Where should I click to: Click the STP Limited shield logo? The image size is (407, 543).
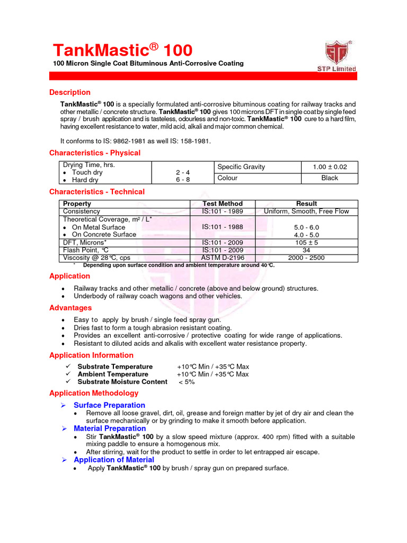[340, 52]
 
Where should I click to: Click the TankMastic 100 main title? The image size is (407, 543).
[122, 50]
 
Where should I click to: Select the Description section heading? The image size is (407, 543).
[70, 92]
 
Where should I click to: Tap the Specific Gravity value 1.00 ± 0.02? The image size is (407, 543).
[330, 167]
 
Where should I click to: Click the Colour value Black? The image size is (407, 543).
[330, 178]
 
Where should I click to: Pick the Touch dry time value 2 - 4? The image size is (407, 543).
[183, 172]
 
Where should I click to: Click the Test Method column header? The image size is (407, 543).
[223, 204]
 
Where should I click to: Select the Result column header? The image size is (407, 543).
[307, 204]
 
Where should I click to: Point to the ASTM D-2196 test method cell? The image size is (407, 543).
[223, 258]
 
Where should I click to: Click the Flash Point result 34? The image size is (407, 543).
[307, 250]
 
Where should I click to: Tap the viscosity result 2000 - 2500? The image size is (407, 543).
[307, 258]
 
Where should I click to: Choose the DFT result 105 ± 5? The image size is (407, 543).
[307, 243]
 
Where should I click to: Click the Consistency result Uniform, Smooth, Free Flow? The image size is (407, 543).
[307, 211]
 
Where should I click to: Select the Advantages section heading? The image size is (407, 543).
[70, 308]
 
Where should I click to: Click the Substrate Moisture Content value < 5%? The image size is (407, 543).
[187, 382]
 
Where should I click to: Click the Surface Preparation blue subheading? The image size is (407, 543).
[109, 405]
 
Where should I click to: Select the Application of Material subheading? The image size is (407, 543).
[114, 460]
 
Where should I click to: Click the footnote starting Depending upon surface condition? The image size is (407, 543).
[179, 265]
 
